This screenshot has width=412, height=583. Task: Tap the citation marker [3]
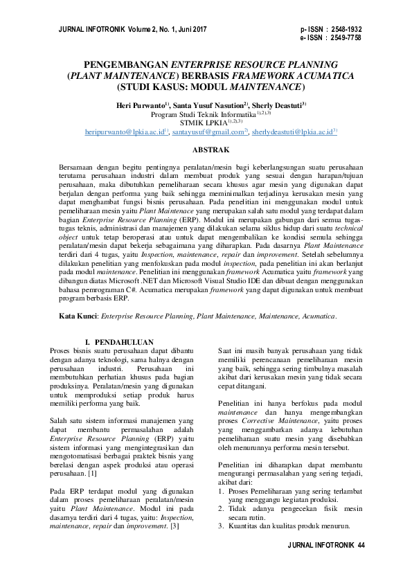pos(174,526)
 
